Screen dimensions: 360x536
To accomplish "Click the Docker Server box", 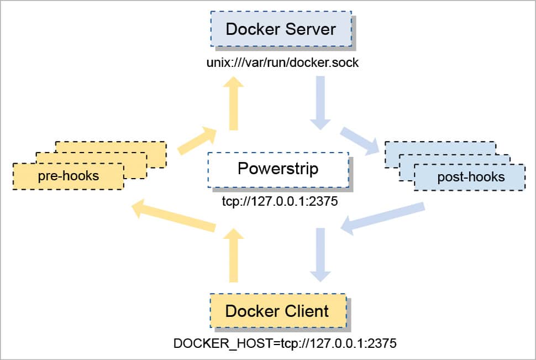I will [281, 28].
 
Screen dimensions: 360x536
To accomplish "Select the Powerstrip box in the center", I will [278, 169].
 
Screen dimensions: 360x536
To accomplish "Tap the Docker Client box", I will [277, 310].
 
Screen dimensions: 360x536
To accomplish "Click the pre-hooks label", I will [69, 176].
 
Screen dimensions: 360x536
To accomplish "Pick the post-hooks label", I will [471, 177].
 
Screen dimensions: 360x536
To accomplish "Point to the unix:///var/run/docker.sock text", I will [282, 62].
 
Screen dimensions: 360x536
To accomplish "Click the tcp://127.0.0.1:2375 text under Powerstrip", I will [278, 202].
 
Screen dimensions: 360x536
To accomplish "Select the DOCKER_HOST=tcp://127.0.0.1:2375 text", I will [285, 343].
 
